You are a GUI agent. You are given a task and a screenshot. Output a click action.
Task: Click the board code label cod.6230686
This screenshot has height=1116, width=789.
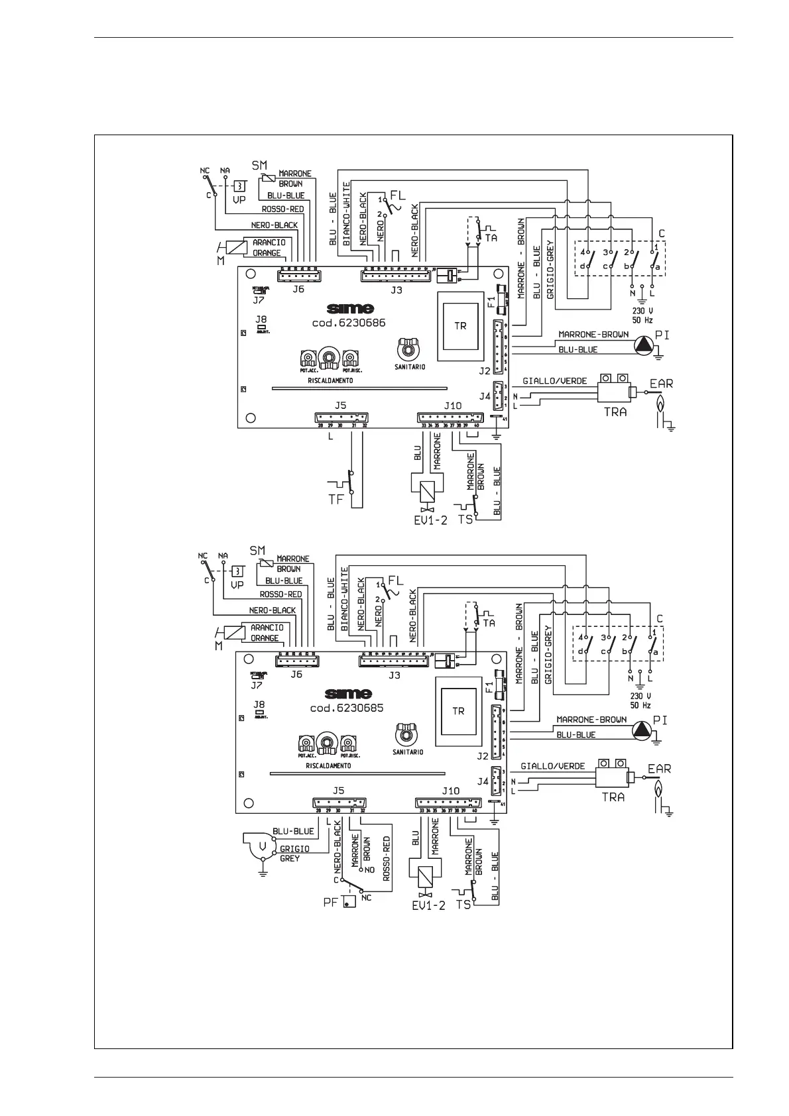click(x=348, y=323)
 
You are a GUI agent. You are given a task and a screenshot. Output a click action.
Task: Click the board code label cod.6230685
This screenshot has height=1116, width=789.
click(x=347, y=708)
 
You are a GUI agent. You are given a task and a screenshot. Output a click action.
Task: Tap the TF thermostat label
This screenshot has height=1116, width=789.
click(x=337, y=500)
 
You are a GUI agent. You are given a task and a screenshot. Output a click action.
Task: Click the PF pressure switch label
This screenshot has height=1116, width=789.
click(x=332, y=901)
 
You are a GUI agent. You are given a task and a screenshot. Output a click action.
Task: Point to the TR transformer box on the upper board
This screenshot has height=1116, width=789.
click(x=459, y=326)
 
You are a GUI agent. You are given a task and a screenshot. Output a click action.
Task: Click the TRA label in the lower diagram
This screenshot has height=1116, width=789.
click(x=613, y=797)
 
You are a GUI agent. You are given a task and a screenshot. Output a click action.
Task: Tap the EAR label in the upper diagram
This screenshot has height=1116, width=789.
click(x=661, y=383)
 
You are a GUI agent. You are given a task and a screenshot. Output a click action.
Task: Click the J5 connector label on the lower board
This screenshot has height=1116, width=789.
click(x=338, y=791)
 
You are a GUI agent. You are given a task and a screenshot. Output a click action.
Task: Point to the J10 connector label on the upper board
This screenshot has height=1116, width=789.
click(x=452, y=406)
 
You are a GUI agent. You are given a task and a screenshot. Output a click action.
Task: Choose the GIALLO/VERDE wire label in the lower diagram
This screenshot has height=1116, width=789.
click(x=552, y=766)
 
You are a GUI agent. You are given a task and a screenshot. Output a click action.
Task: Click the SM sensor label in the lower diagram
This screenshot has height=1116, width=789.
click(x=257, y=551)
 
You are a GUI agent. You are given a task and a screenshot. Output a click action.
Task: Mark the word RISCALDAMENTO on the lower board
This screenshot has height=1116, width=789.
click(x=328, y=765)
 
